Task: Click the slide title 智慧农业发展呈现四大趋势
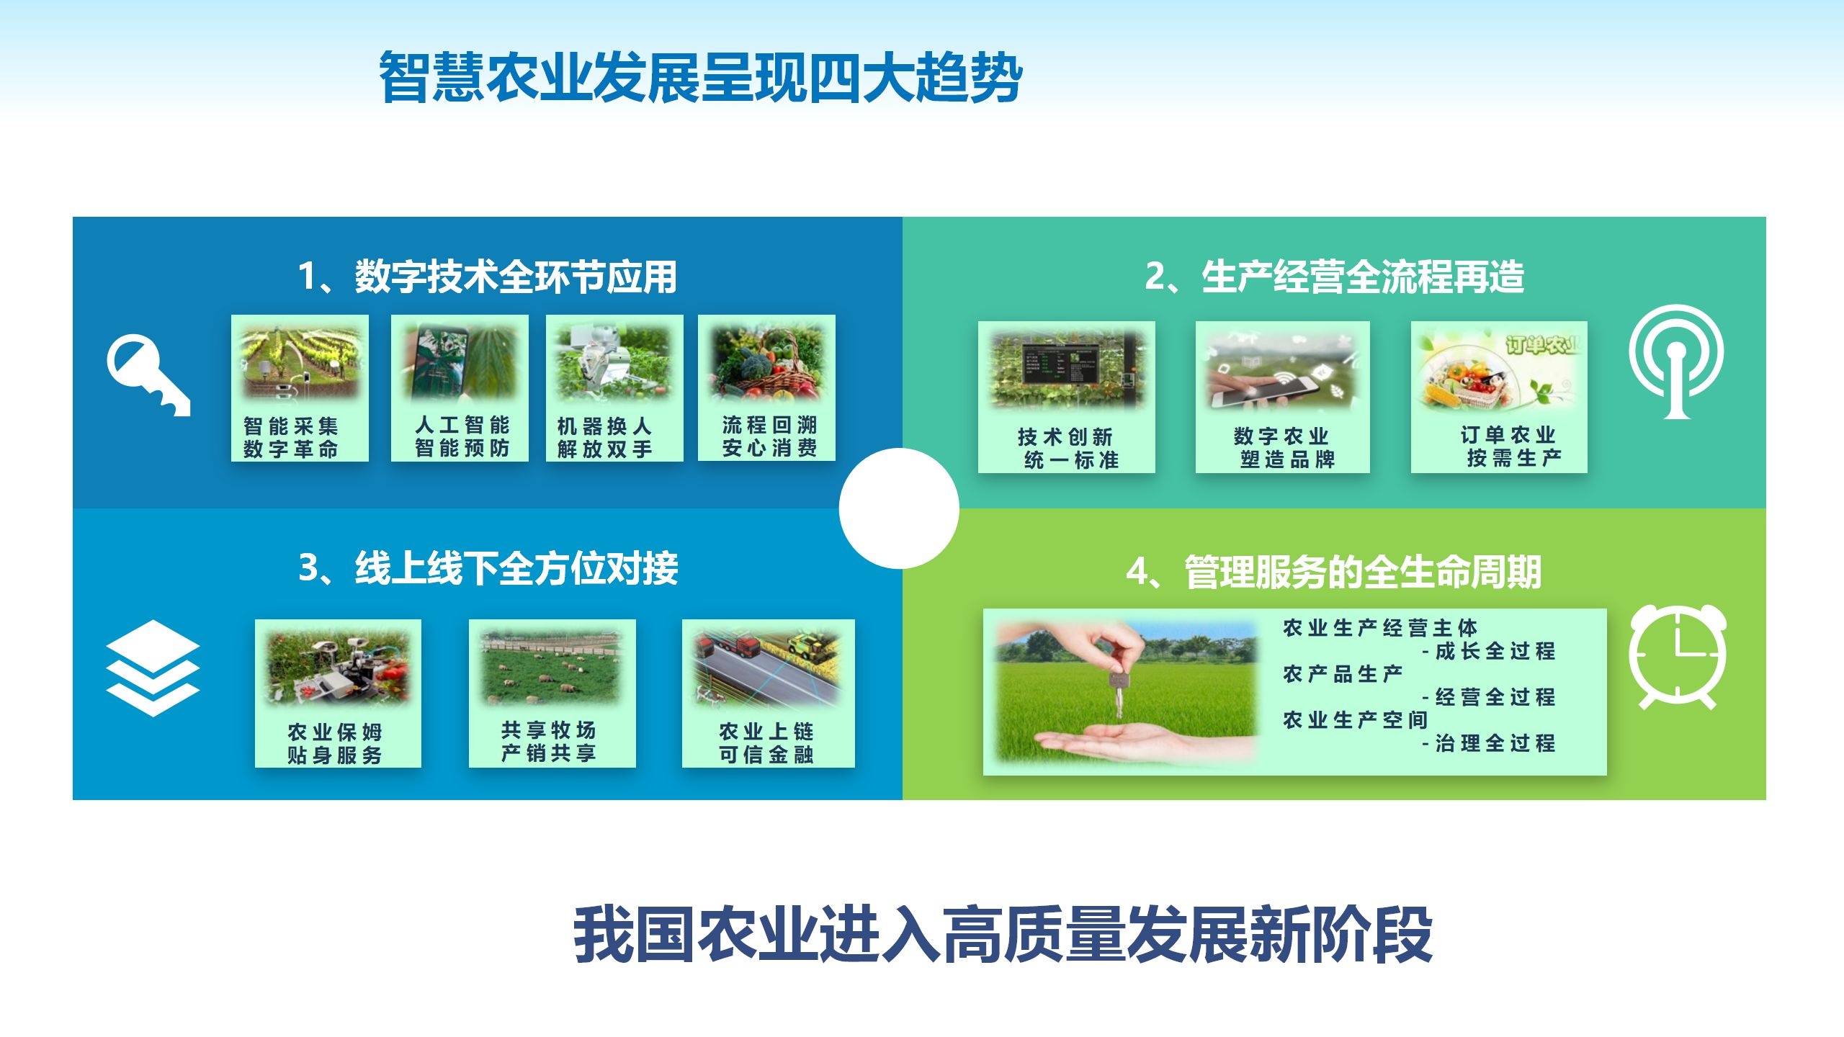pos(700,77)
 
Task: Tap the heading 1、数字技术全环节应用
pos(488,277)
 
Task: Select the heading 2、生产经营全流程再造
pos(1335,277)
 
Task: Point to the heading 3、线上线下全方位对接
pos(488,568)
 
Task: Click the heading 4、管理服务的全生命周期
pos(1334,573)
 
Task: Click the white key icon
pos(148,374)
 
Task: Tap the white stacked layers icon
pos(153,668)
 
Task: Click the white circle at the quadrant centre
pos(899,508)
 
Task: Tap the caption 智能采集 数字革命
pos(291,438)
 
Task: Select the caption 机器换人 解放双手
pos(605,438)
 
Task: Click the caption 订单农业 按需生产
pos(1509,446)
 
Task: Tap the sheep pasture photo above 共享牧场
pos(552,668)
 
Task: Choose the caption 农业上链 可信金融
pos(766,743)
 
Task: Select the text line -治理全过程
pos(1488,743)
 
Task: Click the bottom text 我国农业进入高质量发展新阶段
pos(1003,935)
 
